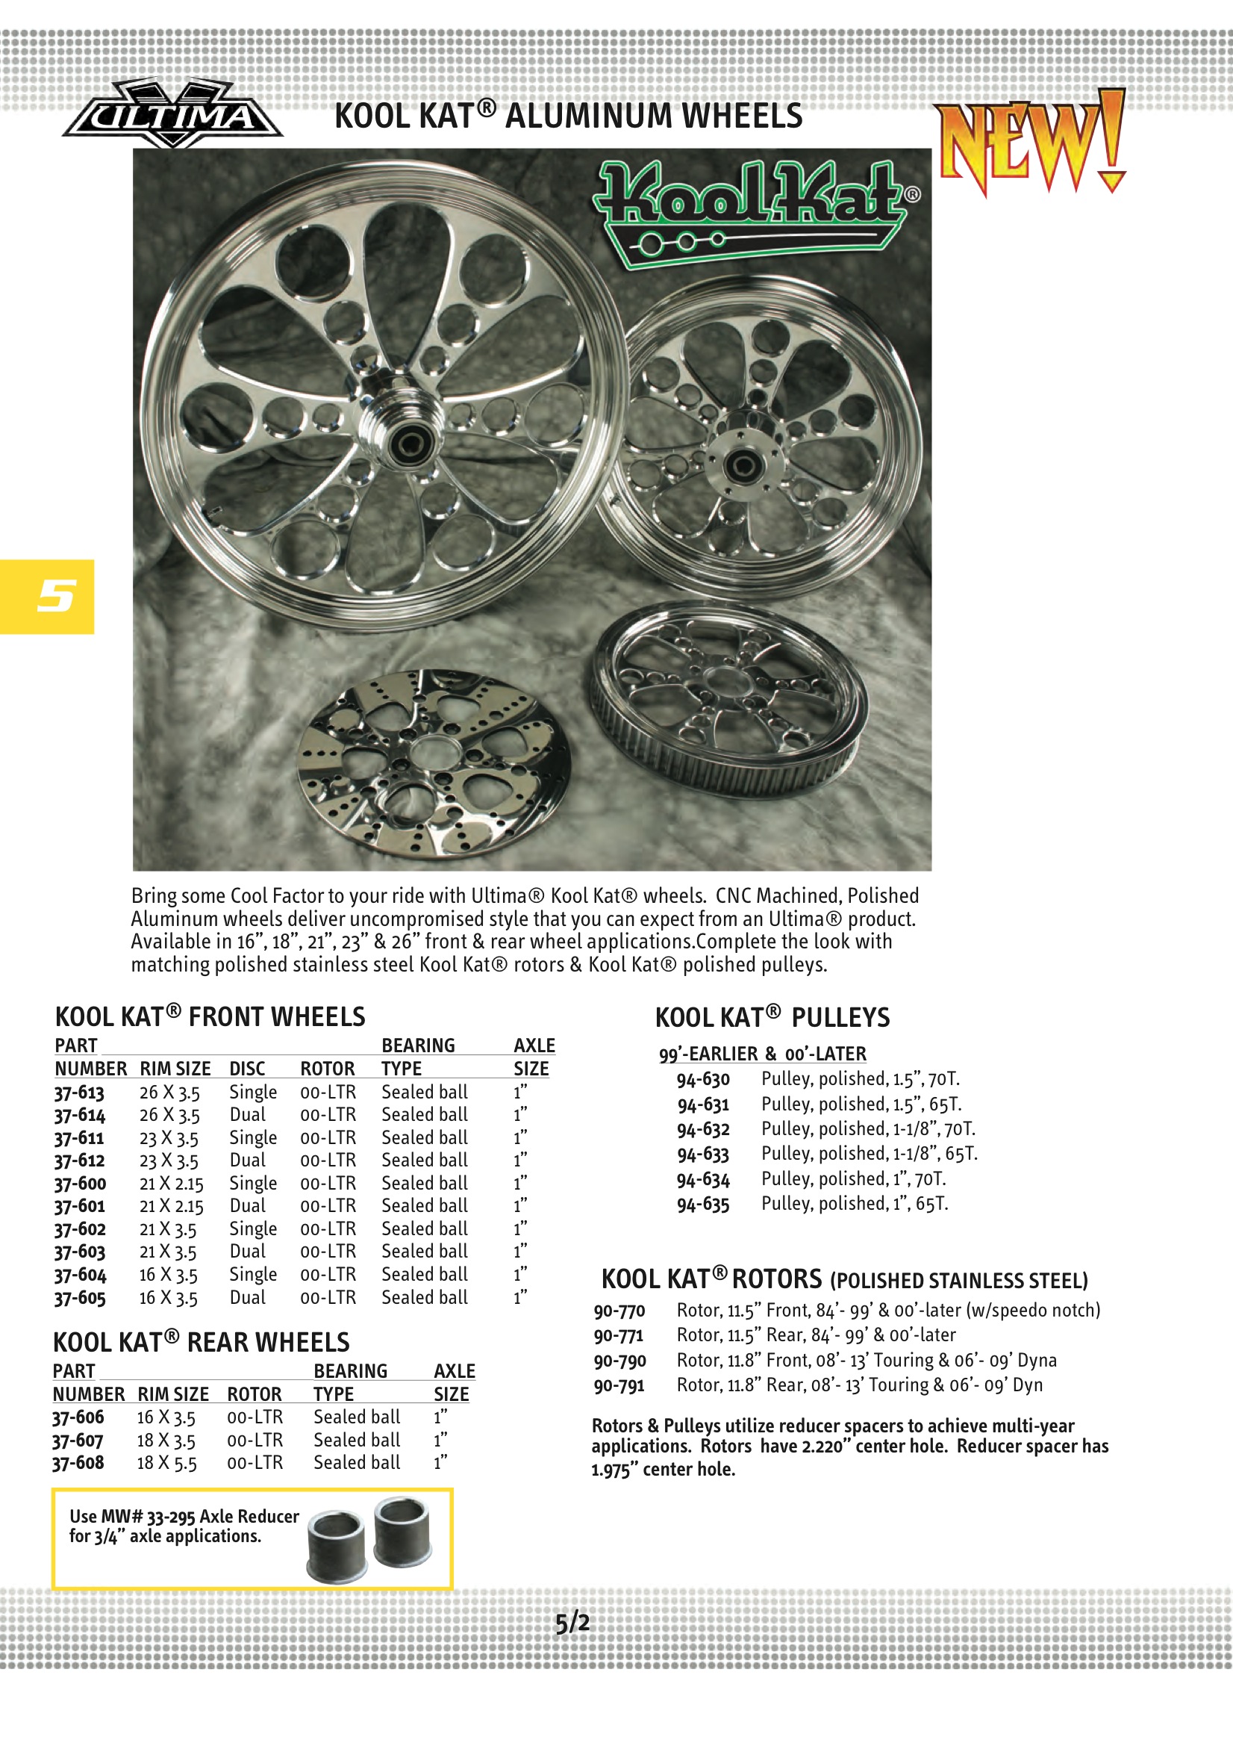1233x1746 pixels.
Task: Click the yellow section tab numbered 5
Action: tap(47, 596)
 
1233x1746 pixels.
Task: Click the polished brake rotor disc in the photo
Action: tap(435, 764)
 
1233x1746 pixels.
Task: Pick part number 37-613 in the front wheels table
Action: tap(79, 1093)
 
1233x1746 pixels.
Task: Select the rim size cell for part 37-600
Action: tap(171, 1184)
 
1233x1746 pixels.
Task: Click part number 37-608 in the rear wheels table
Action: tap(78, 1462)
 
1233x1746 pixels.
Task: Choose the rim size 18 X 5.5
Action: tap(166, 1463)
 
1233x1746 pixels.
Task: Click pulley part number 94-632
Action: tap(703, 1129)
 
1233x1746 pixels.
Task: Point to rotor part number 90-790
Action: tap(619, 1361)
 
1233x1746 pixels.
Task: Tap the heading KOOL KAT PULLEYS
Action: tap(772, 1017)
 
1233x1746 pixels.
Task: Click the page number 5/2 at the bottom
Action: tap(572, 1623)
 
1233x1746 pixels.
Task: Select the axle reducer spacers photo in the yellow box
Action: tap(369, 1538)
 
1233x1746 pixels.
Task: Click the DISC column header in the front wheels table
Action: tap(247, 1069)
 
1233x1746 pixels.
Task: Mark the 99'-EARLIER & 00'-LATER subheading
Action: tap(762, 1053)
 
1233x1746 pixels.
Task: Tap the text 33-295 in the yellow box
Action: tap(171, 1516)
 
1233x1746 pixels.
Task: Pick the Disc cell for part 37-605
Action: tap(248, 1297)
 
